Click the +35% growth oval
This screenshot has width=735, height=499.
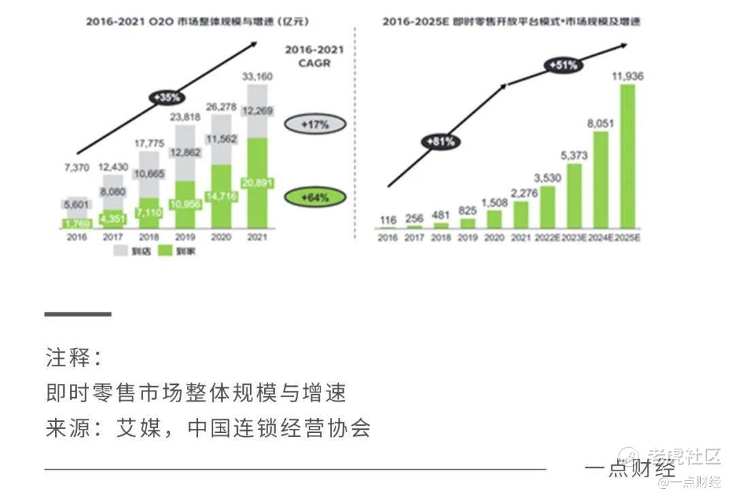[x=167, y=97]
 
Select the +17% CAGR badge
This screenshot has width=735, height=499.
[x=315, y=125]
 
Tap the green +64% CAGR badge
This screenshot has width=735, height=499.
[x=315, y=197]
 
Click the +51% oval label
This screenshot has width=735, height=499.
[x=563, y=65]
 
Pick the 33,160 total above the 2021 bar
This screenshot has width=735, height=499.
[x=257, y=77]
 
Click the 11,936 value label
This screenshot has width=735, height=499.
[x=627, y=76]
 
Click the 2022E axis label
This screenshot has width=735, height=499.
[x=548, y=237]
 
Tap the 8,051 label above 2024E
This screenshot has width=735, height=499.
[x=601, y=123]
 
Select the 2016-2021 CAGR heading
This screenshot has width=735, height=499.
[x=314, y=57]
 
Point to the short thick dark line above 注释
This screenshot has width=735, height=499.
[x=78, y=314]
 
